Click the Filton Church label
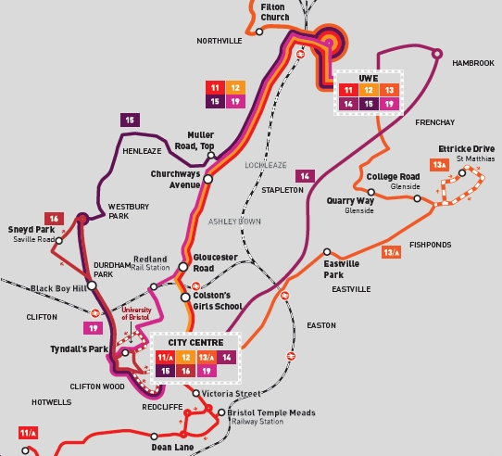[x=274, y=11]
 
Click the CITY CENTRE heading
[x=193, y=342]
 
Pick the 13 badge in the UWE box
[x=390, y=90]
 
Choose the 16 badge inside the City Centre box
[x=187, y=371]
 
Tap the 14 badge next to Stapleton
[x=305, y=176]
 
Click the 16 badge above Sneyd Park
[x=56, y=219]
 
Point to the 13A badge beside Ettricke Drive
[x=439, y=165]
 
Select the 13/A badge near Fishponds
[x=391, y=252]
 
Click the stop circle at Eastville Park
[x=327, y=252]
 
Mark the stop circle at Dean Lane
[x=185, y=432]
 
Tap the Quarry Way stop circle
[x=360, y=199]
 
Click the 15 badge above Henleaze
[x=130, y=119]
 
